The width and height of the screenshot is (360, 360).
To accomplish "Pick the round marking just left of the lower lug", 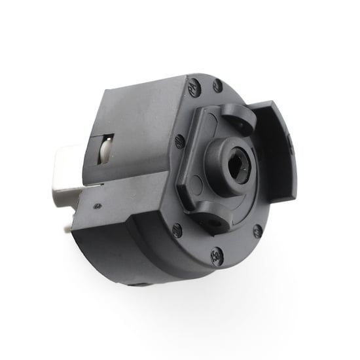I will pos(177,229).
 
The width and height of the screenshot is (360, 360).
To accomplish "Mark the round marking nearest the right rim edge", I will pos(257,230).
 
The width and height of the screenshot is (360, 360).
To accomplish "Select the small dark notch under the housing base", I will pos(139,283).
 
